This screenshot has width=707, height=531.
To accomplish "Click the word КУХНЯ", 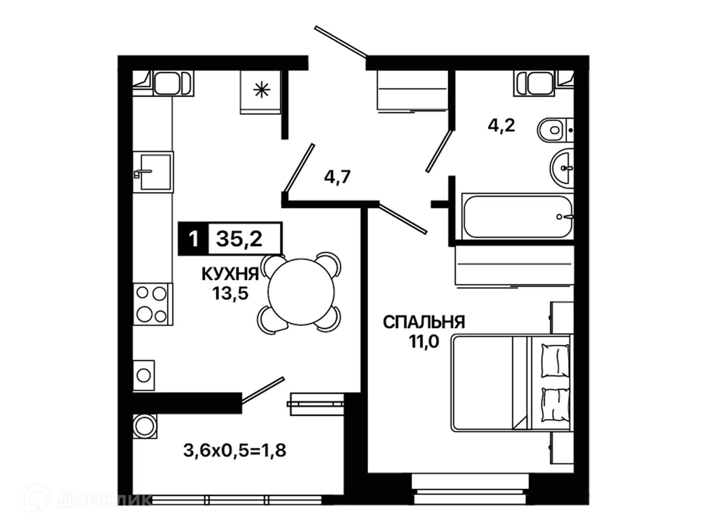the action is tap(230, 274).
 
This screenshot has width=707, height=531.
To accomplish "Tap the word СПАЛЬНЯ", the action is tap(424, 322).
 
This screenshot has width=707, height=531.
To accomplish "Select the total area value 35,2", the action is tap(239, 239).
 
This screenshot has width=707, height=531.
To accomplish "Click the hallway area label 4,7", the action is tap(337, 177).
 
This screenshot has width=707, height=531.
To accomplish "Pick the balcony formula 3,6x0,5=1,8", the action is tap(235, 450).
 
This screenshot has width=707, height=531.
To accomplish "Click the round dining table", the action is tap(301, 292).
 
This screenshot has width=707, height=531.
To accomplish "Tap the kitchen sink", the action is tap(153, 172).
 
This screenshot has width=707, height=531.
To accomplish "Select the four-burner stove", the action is tap(153, 304).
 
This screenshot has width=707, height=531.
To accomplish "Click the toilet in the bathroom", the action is tap(555, 130).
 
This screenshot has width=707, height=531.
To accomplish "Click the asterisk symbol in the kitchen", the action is tap(261, 90).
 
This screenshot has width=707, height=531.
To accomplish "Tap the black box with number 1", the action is tap(193, 239).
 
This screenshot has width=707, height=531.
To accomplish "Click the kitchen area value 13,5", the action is tap(230, 294).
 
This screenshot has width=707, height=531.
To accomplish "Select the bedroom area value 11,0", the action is tap(424, 341).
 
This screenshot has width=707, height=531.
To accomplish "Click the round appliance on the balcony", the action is tap(145, 426).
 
